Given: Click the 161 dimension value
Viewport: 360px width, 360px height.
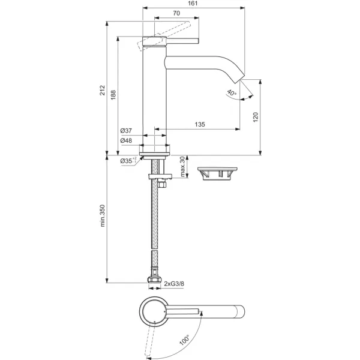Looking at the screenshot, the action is (193, 3).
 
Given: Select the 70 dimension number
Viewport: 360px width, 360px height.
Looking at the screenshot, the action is (176, 13).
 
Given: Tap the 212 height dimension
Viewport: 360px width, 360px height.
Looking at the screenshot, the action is (102, 90).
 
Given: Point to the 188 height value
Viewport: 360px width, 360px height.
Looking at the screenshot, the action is (113, 95).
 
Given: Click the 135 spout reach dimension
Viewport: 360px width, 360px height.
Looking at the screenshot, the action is (200, 124).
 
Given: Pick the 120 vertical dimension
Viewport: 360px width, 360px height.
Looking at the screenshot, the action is (256, 117).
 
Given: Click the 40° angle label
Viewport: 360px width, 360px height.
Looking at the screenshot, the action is (232, 93).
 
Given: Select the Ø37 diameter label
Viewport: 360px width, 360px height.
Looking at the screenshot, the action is (126, 131).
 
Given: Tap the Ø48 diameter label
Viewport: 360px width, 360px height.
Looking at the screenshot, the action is (126, 140).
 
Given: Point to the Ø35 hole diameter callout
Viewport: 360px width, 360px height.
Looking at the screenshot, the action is (128, 160).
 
